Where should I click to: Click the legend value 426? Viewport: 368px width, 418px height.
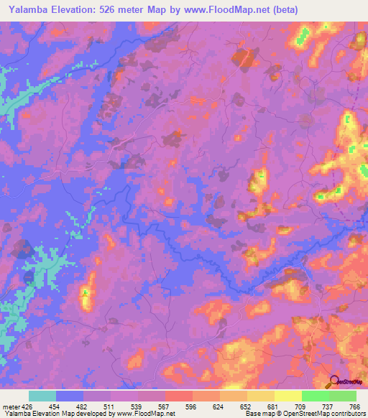click(28, 407)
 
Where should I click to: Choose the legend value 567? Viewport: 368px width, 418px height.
click(165, 407)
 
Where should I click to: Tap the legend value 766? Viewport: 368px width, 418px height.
click(354, 407)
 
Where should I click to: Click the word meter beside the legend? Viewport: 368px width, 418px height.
click(11, 407)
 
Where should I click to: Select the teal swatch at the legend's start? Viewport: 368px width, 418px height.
click(42, 396)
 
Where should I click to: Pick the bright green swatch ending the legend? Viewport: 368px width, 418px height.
click(343, 396)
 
